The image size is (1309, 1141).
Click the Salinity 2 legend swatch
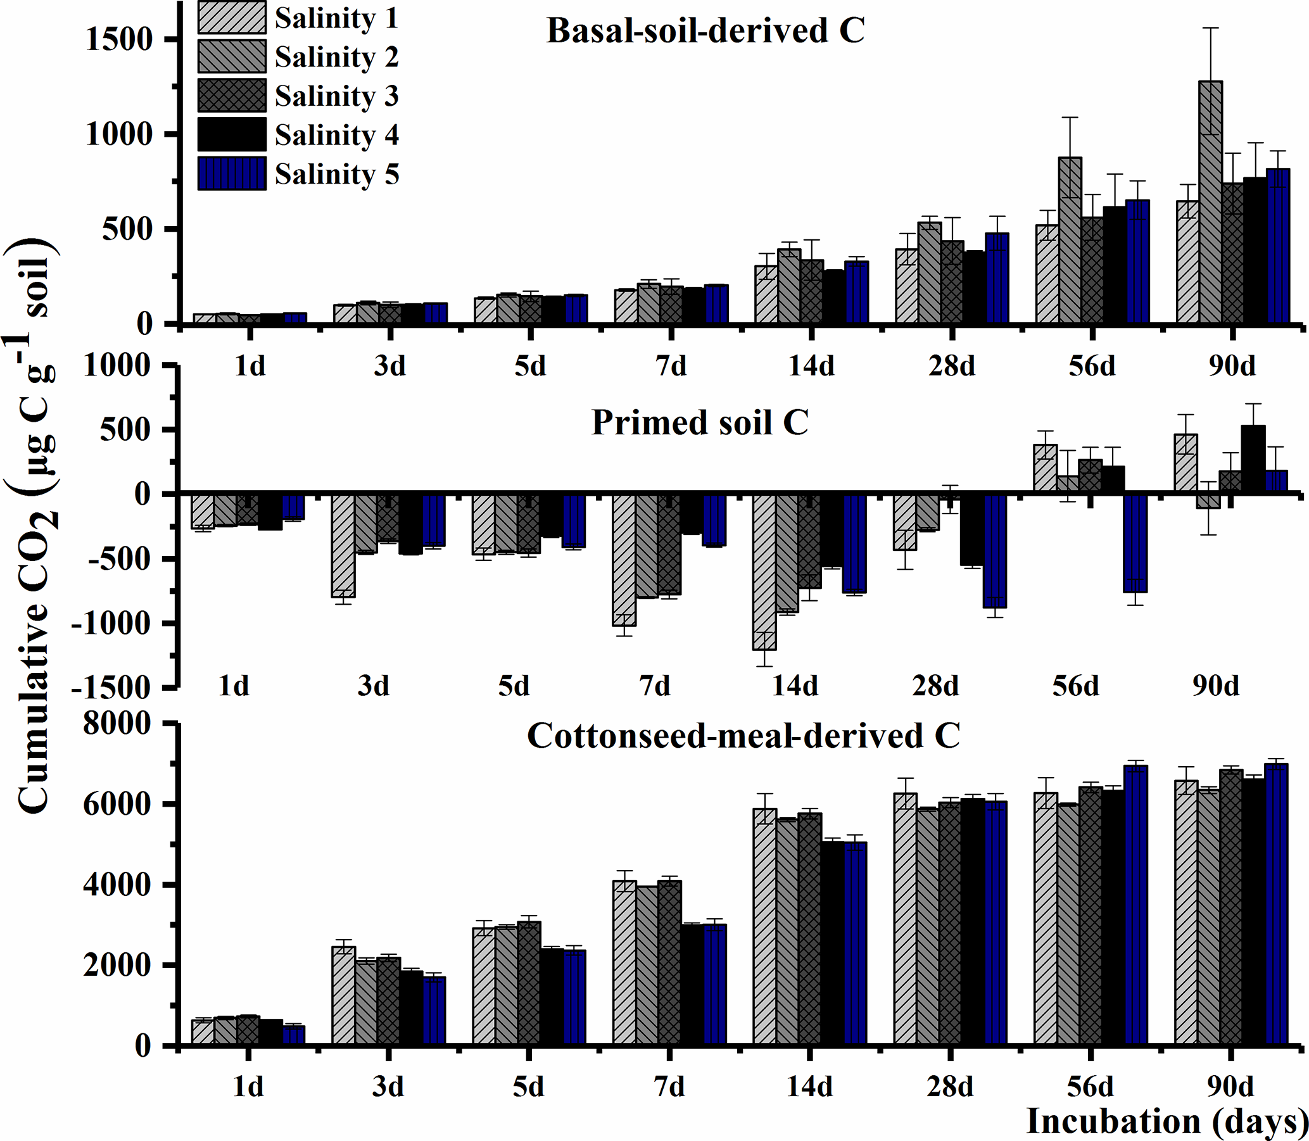pos(231,56)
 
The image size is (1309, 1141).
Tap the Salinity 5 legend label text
pos(337,174)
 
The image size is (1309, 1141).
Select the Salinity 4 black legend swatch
pos(231,134)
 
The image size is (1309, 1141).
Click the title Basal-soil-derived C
pos(705,30)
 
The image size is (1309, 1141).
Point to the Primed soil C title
pos(700,422)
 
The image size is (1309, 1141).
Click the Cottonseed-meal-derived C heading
pos(743,736)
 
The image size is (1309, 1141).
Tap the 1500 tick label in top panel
pos(119,39)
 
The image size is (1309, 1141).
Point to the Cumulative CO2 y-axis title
pos(35,529)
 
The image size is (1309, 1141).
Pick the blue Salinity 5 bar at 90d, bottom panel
pos(1277,904)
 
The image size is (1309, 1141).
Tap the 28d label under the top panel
pos(951,367)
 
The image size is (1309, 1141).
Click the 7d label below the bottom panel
pos(670,1087)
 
